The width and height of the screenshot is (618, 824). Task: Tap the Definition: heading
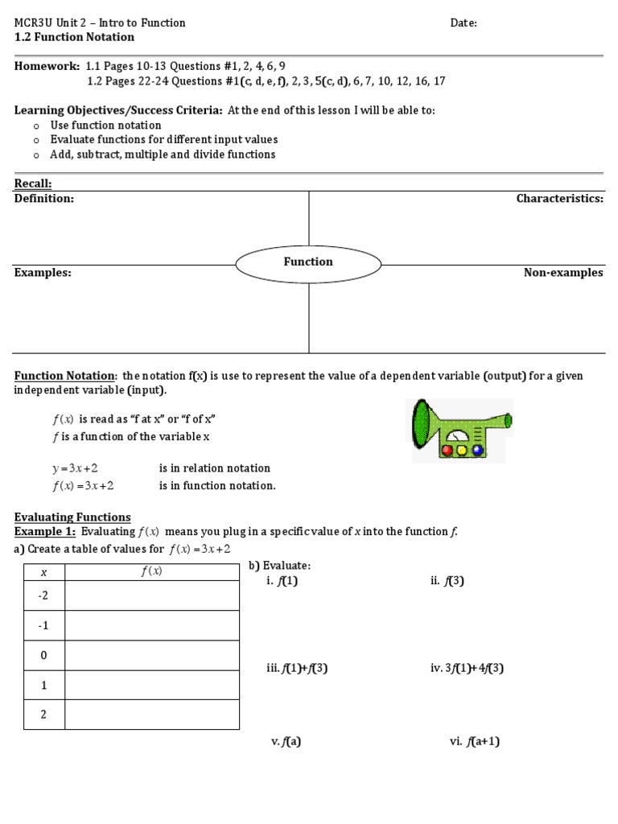(x=44, y=199)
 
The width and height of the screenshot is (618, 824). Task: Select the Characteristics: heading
(x=559, y=199)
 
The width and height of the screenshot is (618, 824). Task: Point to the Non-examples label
(x=563, y=273)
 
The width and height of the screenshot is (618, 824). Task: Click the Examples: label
(x=43, y=273)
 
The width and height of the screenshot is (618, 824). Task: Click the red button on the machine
(x=447, y=451)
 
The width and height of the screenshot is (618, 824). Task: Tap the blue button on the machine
(x=478, y=451)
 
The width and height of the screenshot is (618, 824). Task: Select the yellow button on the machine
(x=462, y=451)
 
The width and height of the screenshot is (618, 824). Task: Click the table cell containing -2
(x=44, y=595)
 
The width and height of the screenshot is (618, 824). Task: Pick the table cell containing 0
(x=44, y=655)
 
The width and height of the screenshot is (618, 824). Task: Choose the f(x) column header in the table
(x=151, y=571)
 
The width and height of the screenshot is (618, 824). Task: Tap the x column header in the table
(x=44, y=571)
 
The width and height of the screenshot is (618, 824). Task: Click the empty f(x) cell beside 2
(x=151, y=715)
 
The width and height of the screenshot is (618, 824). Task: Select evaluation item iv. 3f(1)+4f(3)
(x=467, y=668)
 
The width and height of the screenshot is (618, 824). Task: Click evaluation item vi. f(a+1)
(x=475, y=742)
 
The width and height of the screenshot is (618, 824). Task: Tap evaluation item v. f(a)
(x=286, y=742)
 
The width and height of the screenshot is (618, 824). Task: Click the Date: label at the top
(x=463, y=23)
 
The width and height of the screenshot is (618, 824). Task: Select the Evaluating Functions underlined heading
(x=72, y=517)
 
